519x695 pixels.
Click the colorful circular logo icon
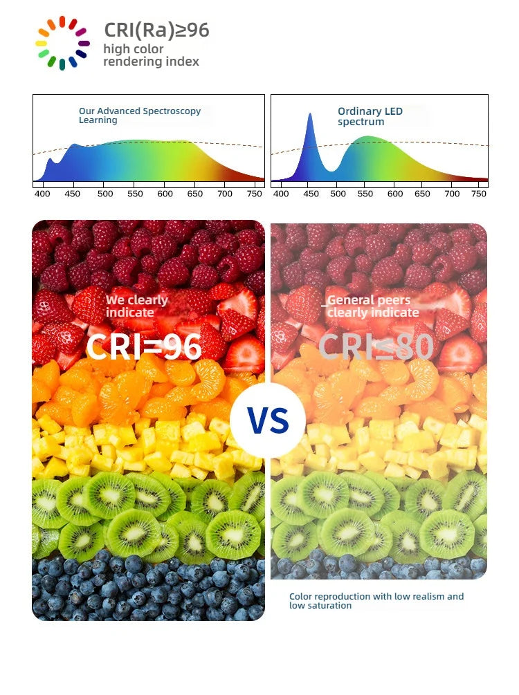point(62,43)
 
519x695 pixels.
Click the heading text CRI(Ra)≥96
point(156,30)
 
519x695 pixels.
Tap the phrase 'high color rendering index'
point(152,55)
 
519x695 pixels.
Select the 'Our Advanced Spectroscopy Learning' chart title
point(140,115)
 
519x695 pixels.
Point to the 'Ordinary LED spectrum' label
point(370,116)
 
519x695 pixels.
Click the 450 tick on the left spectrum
point(72,194)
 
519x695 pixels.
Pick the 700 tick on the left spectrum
point(225,194)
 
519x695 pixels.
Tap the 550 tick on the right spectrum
point(365,194)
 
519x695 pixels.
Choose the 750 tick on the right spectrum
point(479,194)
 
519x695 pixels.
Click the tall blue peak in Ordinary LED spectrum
point(310,115)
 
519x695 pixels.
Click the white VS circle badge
point(268,420)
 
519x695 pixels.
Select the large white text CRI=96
point(144,346)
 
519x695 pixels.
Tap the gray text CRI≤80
point(376,346)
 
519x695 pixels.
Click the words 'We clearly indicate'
point(136,306)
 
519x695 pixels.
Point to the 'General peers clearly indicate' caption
point(371,306)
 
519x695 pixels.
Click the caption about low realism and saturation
point(376,600)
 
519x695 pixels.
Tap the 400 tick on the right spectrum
point(281,194)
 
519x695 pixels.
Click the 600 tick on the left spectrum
point(165,194)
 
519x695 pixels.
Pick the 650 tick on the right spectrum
point(422,194)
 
